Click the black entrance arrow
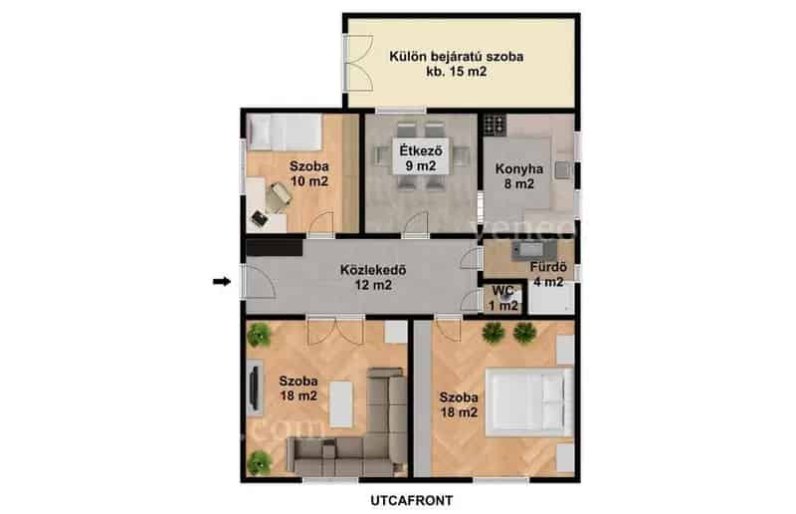point(221,281)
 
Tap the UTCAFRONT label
point(412,501)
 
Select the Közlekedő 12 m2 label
point(373,278)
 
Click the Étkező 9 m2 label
point(420,158)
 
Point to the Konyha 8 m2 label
point(519,176)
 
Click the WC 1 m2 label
point(503,299)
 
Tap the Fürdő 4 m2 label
point(548,275)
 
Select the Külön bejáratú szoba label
point(457,57)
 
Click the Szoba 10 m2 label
point(309,174)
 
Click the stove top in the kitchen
point(495,125)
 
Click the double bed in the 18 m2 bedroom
point(529,402)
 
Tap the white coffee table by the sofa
point(341,404)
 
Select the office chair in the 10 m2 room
point(279,198)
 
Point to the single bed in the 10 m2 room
point(285,132)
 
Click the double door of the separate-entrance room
point(360,63)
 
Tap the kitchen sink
point(563,169)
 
